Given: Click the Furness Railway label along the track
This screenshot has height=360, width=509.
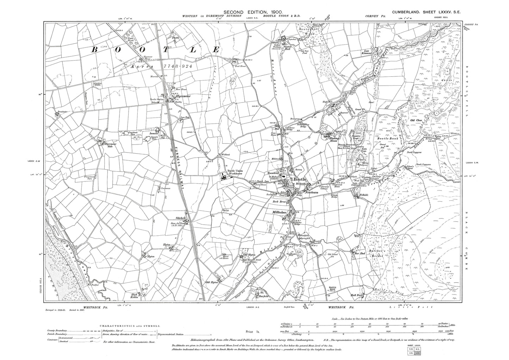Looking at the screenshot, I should [179, 151].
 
